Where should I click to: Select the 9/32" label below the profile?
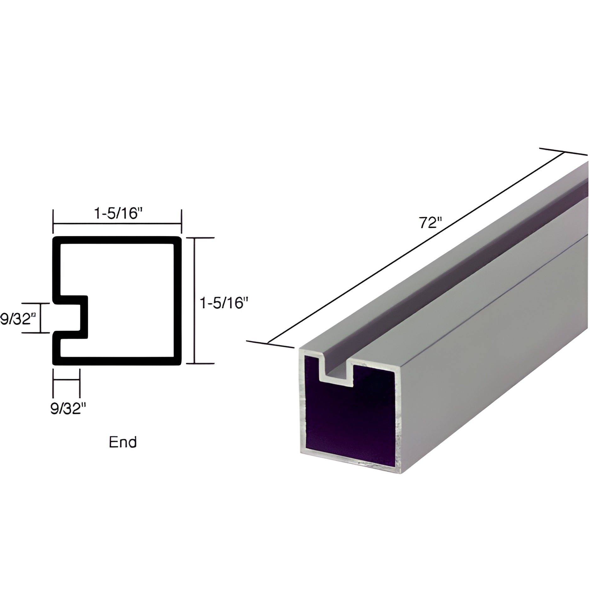tap(68, 409)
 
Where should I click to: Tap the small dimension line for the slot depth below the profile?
tap(67, 380)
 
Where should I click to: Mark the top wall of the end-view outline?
tap(117, 240)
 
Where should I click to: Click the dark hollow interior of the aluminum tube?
tap(349, 422)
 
